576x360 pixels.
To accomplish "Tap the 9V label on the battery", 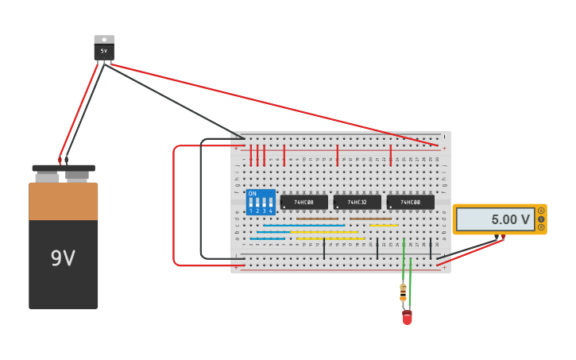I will pos(63,258).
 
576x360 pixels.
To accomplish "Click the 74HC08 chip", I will pos(303,203).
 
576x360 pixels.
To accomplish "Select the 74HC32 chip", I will pos(357,203).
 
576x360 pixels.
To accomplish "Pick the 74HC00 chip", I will pos(410,203).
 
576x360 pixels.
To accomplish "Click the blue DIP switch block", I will pos(261,203).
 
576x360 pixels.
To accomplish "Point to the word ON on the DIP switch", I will pos(252,194).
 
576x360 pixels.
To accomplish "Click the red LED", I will pos(407,317).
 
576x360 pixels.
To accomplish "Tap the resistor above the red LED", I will pos(403,292).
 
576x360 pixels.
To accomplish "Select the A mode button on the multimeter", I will pos(541,211).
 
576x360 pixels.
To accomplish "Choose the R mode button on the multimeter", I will pos(541,227).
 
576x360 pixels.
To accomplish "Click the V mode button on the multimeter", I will pos(541,219).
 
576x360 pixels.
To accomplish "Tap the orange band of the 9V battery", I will pos(64,201).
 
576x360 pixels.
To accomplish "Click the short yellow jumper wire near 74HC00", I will pos(384,226).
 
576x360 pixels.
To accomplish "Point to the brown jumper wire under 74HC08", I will pos(317,219).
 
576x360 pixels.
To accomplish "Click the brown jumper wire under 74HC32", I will pos(370,219).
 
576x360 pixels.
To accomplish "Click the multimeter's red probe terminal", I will pos(502,237).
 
